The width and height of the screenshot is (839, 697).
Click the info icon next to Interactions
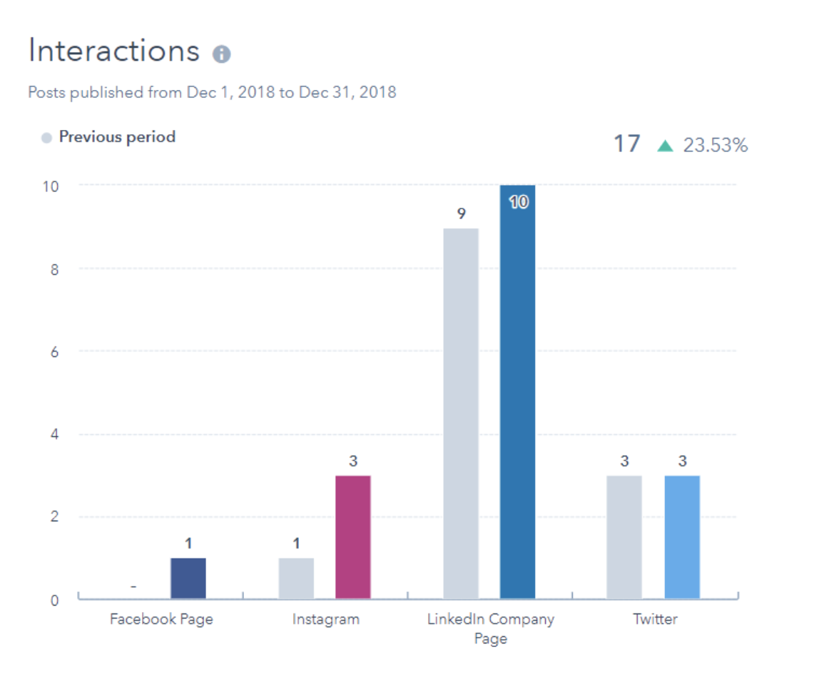point(221,54)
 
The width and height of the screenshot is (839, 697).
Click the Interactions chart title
point(114,51)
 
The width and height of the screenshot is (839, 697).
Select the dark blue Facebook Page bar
point(188,578)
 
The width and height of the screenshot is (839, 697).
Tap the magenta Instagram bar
point(353,537)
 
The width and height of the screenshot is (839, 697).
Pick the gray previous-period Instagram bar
point(296,578)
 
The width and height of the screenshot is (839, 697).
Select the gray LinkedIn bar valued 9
point(461,414)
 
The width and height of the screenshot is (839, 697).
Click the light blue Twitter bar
point(682,537)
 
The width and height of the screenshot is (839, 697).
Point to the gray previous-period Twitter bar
point(624,537)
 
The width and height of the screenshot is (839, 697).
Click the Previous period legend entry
point(116,137)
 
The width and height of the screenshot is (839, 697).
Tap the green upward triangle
point(665,146)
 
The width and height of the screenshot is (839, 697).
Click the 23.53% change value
point(716,146)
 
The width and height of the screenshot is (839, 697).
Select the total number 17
point(627,144)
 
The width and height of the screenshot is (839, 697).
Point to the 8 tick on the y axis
point(54,269)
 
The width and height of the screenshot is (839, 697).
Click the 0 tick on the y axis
point(54,601)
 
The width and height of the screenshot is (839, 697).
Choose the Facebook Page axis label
point(161,619)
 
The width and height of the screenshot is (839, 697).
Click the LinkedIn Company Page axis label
point(491,628)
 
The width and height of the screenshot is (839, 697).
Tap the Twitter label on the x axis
point(655,619)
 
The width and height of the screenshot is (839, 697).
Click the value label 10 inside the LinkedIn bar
point(519,202)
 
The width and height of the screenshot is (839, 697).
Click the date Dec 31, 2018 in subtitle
point(347,92)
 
